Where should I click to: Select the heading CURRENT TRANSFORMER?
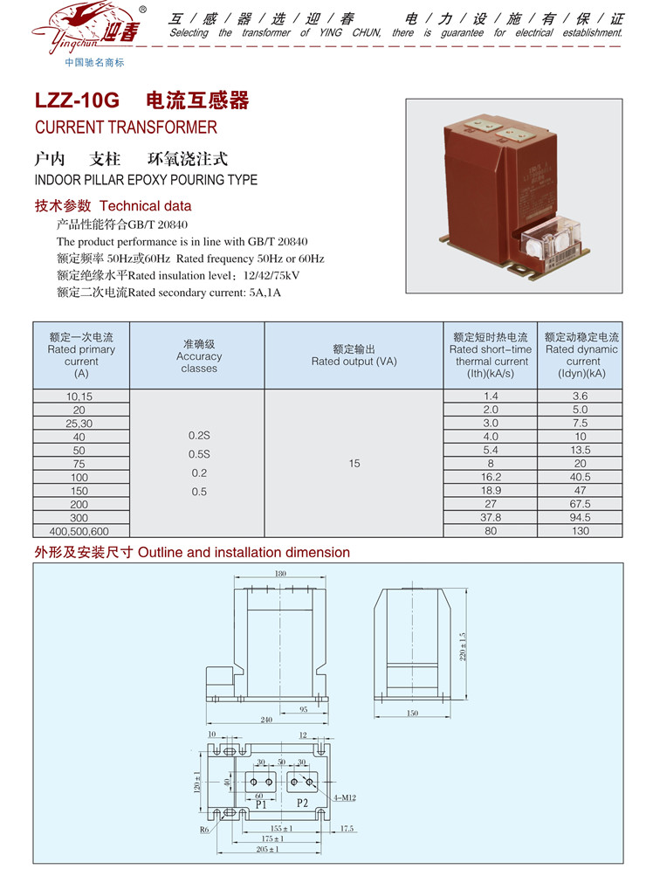126,128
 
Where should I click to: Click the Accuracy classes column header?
198,356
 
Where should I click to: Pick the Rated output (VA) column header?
354,355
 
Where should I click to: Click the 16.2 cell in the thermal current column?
491,477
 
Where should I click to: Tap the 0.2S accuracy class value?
198,435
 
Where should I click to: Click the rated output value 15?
354,464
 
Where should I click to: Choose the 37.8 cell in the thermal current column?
491,517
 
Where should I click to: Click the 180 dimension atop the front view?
280,574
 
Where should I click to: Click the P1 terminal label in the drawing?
261,804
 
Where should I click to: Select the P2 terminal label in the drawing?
303,803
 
